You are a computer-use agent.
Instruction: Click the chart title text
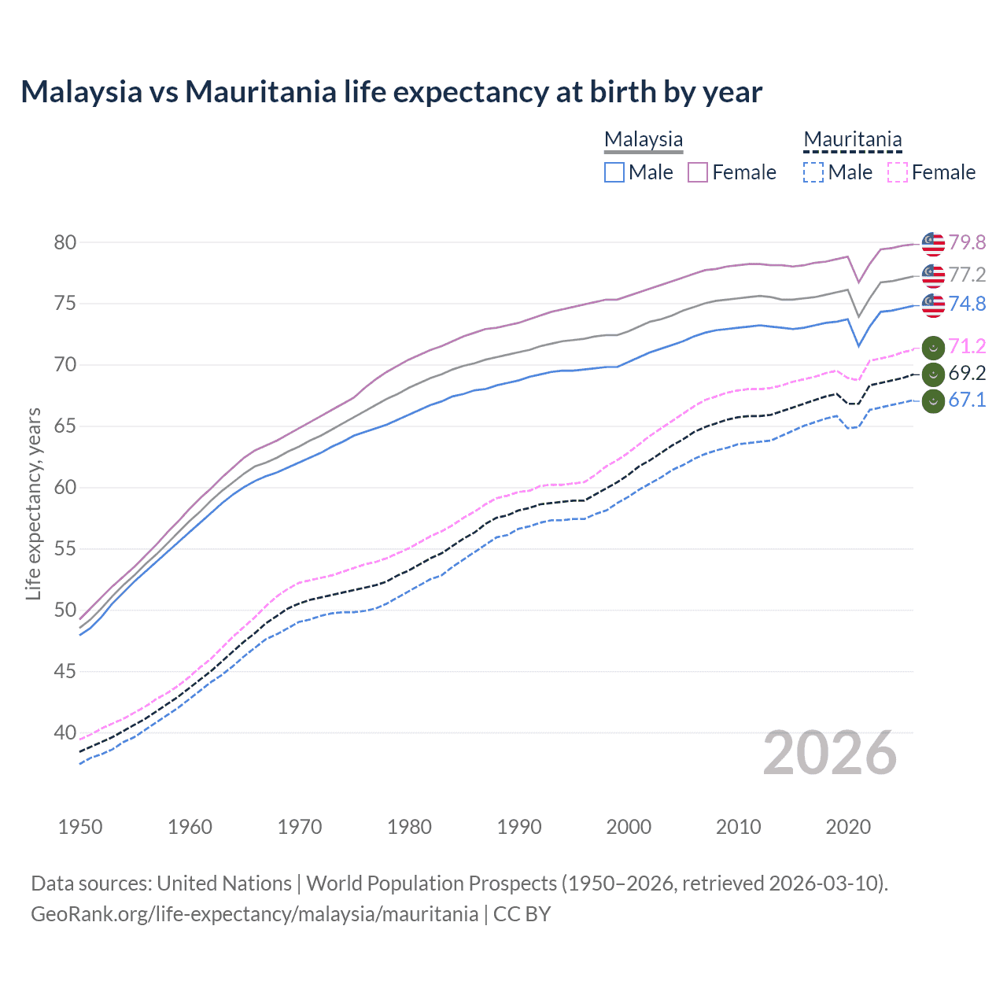pos(391,92)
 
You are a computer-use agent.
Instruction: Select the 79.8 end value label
pos(967,242)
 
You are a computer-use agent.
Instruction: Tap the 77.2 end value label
pos(967,275)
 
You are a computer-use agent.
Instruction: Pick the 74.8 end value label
pos(967,304)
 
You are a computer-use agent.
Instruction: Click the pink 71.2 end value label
pos(967,346)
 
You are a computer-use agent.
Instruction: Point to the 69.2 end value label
pos(967,373)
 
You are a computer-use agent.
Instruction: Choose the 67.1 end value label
pos(967,400)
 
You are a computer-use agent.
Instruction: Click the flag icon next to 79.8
pos(933,244)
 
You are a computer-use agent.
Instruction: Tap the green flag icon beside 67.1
pos(933,401)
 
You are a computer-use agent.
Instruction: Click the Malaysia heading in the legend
pos(644,139)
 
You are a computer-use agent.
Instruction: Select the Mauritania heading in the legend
pos(853,139)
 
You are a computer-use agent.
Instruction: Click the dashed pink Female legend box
pos(898,172)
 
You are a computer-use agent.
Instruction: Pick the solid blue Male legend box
pos(614,172)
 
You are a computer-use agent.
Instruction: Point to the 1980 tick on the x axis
pos(410,827)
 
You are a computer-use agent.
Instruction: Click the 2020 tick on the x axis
pos(848,827)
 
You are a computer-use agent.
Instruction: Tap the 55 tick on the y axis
pos(65,548)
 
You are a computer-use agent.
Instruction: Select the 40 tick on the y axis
pos(65,732)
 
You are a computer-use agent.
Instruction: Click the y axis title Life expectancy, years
pos(33,503)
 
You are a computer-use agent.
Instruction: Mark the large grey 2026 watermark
pos(830,753)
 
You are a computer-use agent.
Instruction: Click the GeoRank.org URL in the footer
pos(254,914)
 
